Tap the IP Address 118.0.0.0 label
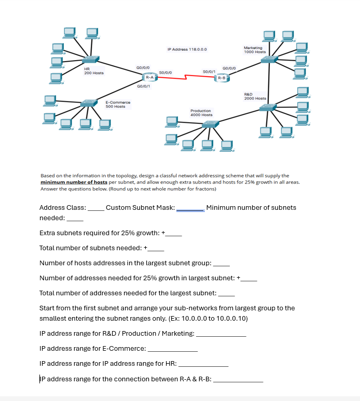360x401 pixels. click(x=187, y=49)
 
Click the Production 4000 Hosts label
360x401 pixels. click(x=201, y=112)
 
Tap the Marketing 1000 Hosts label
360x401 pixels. click(x=254, y=50)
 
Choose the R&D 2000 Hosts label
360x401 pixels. click(x=255, y=96)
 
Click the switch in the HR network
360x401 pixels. click(x=92, y=60)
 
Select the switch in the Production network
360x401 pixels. click(x=210, y=124)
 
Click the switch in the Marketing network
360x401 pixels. click(x=269, y=60)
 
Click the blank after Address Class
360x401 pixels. click(x=95, y=208)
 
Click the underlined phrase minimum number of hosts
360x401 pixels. click(x=74, y=182)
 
